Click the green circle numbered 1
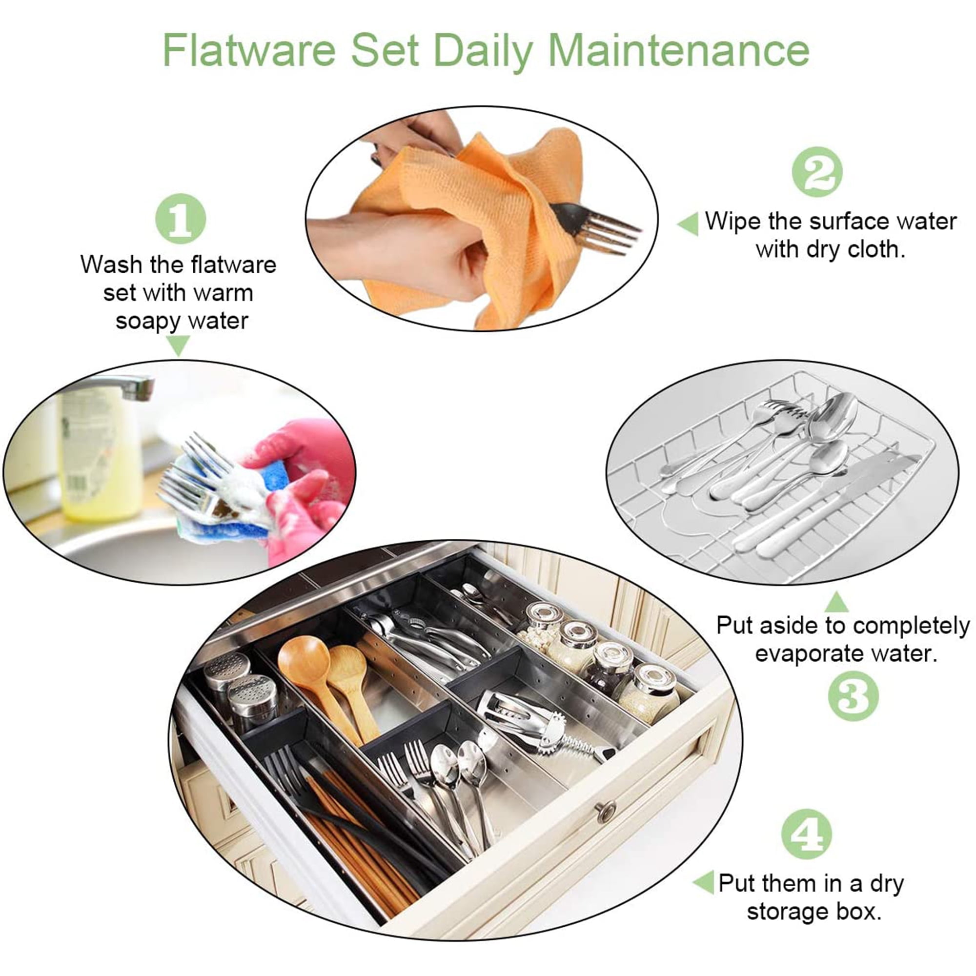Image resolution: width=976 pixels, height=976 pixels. [181, 218]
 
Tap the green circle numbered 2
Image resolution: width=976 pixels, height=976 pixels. [817, 171]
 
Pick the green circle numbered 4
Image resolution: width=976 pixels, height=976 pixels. [806, 834]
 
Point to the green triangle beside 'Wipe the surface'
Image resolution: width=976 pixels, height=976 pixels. [688, 224]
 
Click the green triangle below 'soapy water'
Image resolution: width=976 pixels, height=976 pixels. [178, 346]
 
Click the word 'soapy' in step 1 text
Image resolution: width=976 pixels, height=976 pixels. [148, 322]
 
